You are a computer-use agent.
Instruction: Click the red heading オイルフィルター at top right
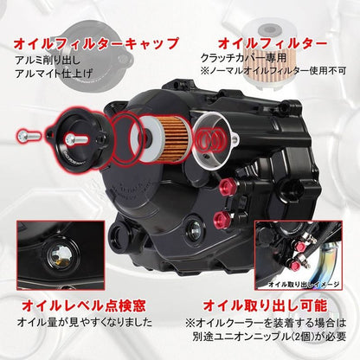273,42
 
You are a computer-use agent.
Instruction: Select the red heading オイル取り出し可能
264,305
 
